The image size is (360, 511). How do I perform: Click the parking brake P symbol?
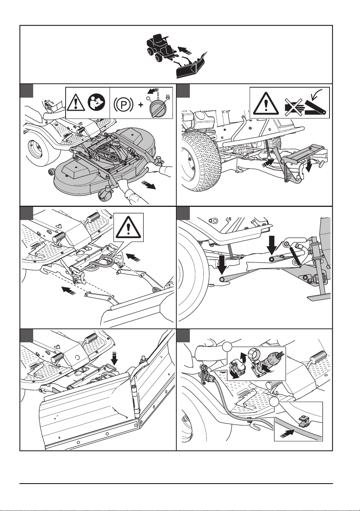pos(123,105)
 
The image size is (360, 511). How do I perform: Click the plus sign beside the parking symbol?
pos(141,105)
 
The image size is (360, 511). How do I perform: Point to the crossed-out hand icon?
pos(293,106)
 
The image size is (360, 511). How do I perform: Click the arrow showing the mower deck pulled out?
pos(149,185)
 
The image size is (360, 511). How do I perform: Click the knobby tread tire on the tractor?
pos(200,161)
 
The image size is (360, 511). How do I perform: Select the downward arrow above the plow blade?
pos(115,360)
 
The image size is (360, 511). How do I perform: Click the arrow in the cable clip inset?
pos(288,431)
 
